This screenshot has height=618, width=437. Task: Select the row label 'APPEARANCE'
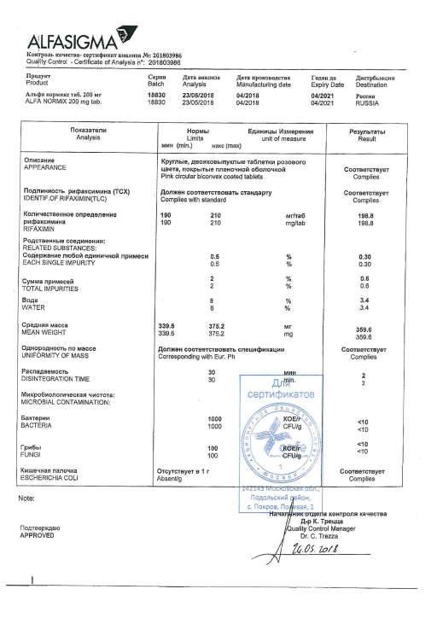point(46,168)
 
